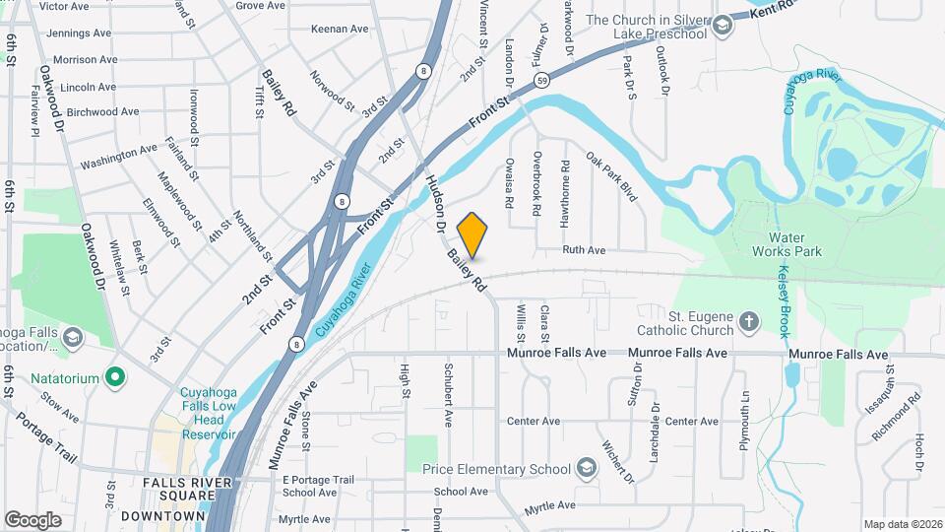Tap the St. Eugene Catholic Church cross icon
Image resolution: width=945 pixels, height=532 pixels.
749,321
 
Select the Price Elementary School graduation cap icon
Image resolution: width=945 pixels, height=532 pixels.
588,466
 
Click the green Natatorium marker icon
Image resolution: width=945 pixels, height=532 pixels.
116,376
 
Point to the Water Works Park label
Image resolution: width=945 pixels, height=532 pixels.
794,244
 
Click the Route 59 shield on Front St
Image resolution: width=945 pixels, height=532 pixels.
542,80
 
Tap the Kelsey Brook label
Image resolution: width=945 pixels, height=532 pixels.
784,300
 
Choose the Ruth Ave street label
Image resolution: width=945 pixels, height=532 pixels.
584,250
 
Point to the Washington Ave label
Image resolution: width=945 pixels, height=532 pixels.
118,157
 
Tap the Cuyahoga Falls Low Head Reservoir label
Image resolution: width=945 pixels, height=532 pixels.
207,413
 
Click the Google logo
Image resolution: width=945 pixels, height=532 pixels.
33,519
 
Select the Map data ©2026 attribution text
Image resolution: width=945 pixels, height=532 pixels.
902,524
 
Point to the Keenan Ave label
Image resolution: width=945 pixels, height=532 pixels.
339,29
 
